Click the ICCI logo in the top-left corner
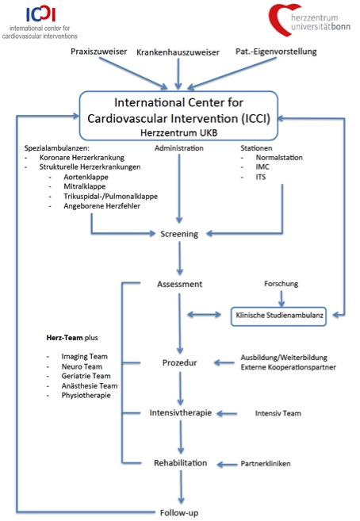click(x=41, y=14)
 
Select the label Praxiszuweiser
click(x=98, y=52)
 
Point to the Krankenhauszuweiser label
click(x=178, y=52)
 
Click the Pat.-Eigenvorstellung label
click(x=276, y=52)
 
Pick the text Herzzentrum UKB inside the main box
click(x=178, y=133)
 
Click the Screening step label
click(x=179, y=234)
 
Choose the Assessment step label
click(x=180, y=284)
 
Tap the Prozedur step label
click(x=180, y=362)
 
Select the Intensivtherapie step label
click(x=180, y=412)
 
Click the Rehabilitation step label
click(x=180, y=463)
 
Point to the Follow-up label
click(x=179, y=513)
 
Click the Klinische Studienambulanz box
click(x=278, y=316)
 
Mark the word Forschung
click(x=281, y=284)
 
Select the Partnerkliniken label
click(x=266, y=464)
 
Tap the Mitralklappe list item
click(x=85, y=186)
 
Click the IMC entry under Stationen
click(x=262, y=167)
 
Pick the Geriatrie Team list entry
click(x=86, y=376)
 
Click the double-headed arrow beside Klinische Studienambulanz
click(x=204, y=314)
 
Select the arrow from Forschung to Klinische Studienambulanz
click(x=281, y=298)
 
